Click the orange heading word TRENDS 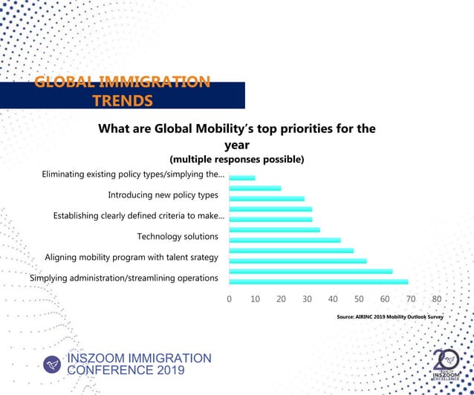point(123,100)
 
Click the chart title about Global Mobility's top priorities point(236,136)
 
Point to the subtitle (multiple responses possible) point(236,159)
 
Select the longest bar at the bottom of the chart point(318,282)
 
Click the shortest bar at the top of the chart point(242,178)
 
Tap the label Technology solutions point(178,236)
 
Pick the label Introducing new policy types point(163,195)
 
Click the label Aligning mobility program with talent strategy point(132,257)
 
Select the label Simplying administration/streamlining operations point(123,278)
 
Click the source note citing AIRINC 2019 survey point(389,316)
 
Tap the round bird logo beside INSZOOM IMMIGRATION point(51,364)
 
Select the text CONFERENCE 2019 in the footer point(126,370)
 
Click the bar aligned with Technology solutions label point(276,230)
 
